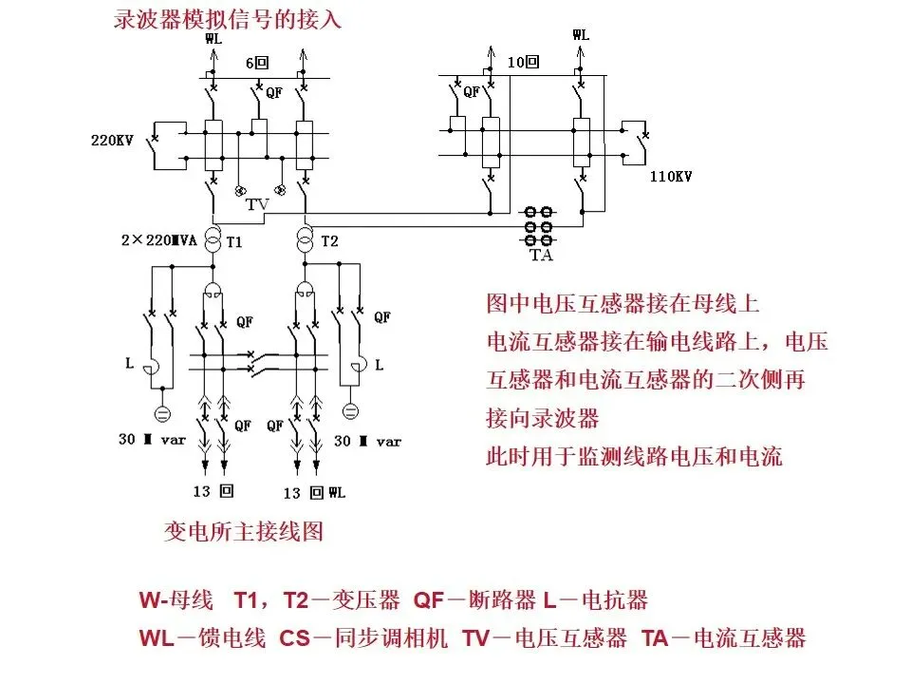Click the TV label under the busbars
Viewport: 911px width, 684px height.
point(257,205)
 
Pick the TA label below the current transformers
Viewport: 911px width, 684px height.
point(542,255)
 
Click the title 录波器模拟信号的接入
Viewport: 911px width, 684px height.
point(227,19)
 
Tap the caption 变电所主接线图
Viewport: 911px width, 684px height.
point(244,530)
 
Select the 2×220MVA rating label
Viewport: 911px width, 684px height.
point(158,241)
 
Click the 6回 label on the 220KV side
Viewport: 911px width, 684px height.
point(258,63)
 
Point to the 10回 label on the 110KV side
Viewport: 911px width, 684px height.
point(523,63)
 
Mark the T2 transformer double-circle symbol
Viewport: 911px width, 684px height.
point(306,241)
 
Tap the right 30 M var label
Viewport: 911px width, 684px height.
point(368,441)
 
